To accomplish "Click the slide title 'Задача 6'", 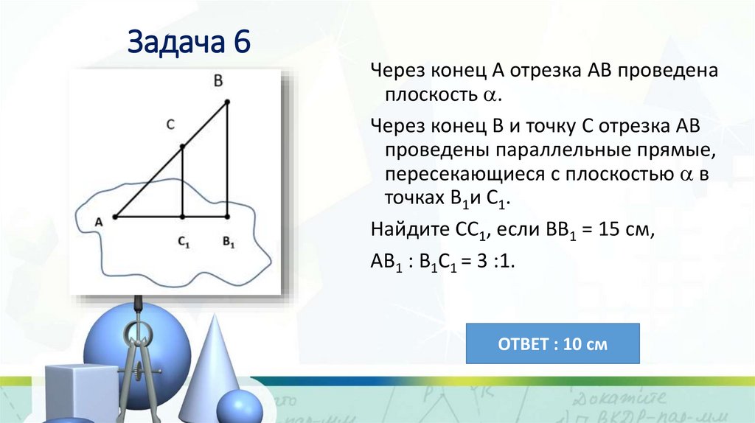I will (x=190, y=43).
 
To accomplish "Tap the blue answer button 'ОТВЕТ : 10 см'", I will (x=553, y=343).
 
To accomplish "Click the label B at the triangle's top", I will (x=218, y=81).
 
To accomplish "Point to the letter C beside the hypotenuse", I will (x=170, y=125).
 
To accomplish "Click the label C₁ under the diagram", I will (x=184, y=241).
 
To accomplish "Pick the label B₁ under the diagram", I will (x=228, y=241).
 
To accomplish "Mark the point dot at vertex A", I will (x=116, y=217).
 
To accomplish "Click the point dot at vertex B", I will (x=227, y=102).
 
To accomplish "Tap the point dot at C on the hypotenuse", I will (x=183, y=147).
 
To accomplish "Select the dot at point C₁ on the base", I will (x=183, y=217).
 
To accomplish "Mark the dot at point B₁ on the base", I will (x=227, y=217).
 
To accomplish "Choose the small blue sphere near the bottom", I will (x=239, y=407).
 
